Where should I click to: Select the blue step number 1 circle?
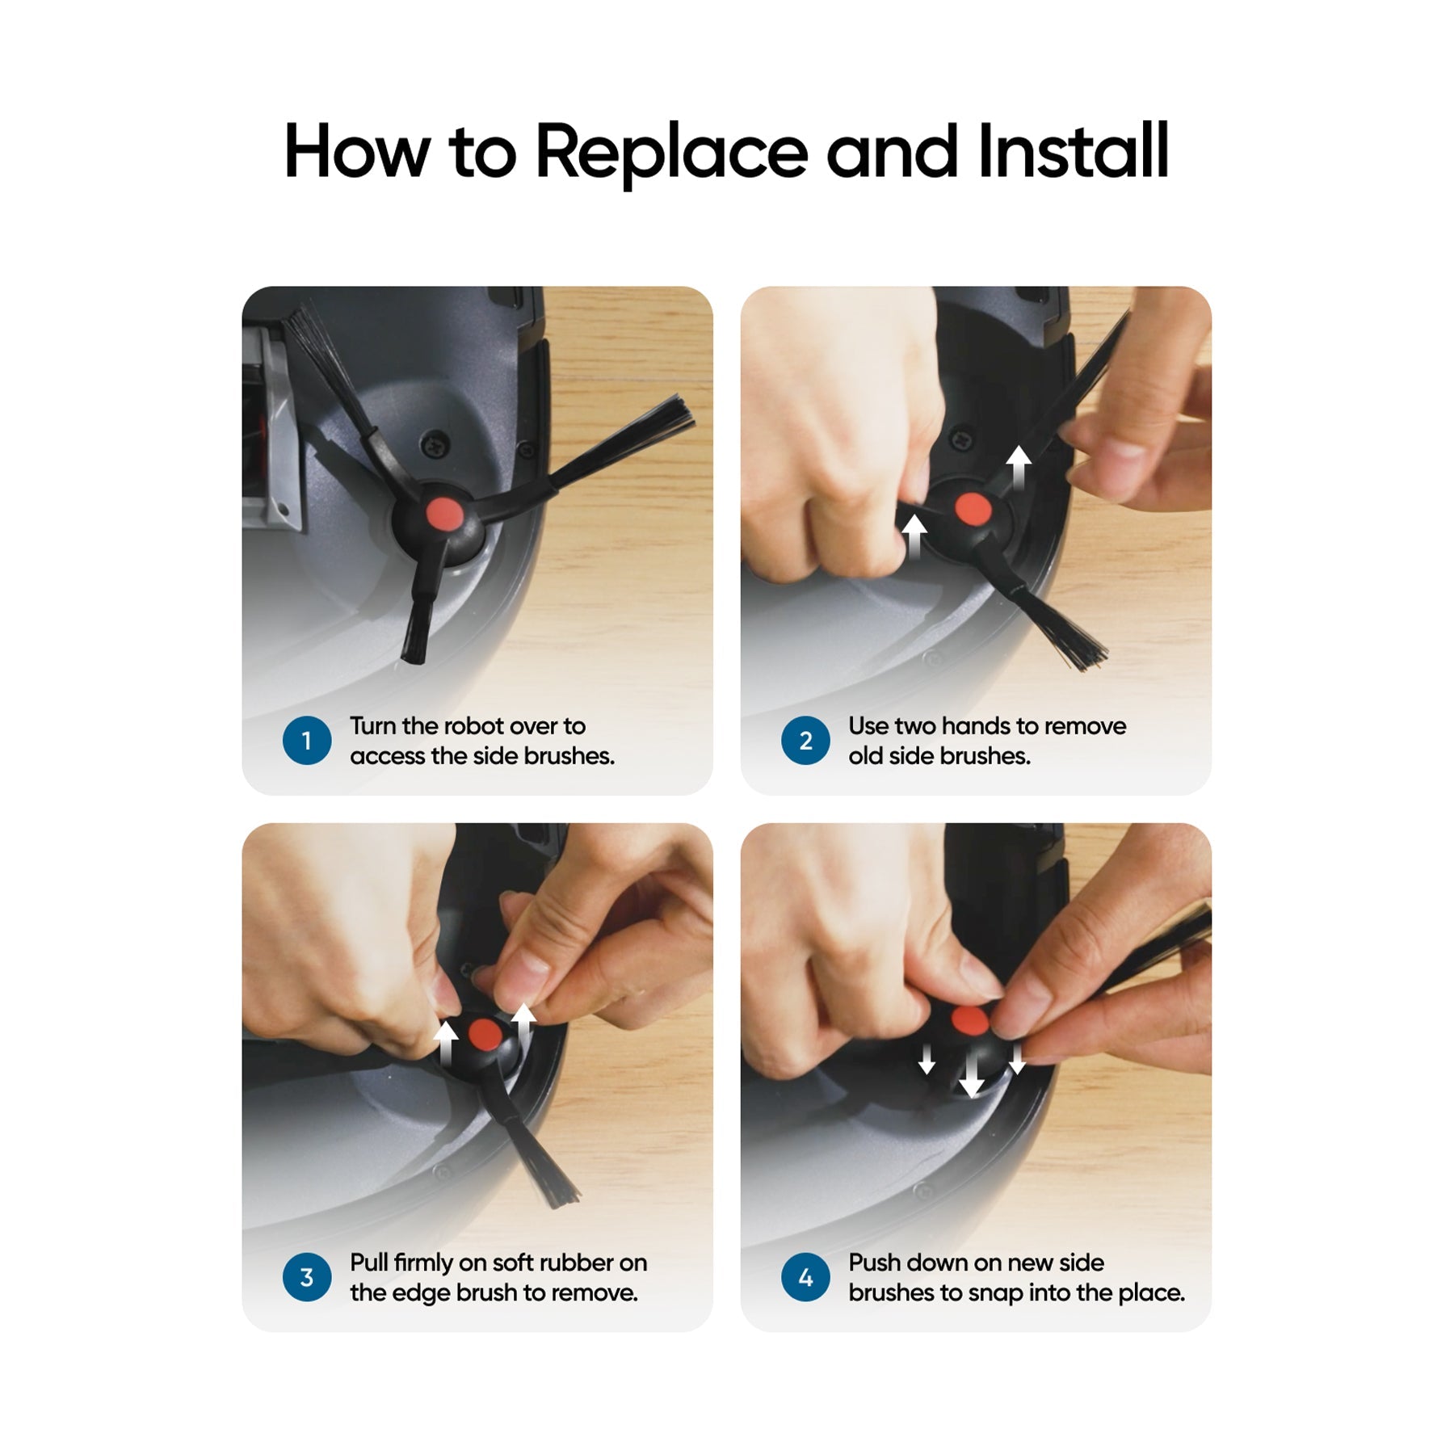click(x=307, y=741)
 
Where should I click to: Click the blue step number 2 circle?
click(x=805, y=741)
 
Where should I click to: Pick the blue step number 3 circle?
click(x=307, y=1277)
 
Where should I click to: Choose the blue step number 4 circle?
click(x=805, y=1277)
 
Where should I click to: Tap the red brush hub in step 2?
click(x=973, y=509)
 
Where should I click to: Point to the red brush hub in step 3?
click(x=485, y=1034)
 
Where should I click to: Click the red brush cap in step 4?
click(x=970, y=1019)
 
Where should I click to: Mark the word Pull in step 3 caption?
click(x=368, y=1263)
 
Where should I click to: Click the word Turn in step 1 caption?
click(x=373, y=726)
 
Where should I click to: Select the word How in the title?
click(x=357, y=151)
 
